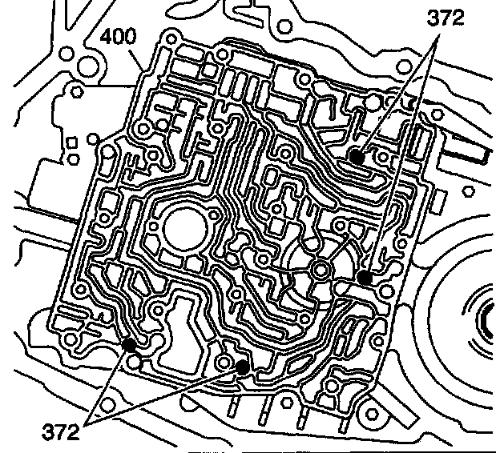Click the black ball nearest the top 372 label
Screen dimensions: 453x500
pyautogui.click(x=357, y=158)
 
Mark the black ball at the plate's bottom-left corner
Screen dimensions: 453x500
pyautogui.click(x=128, y=345)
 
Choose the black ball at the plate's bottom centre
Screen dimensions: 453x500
pyautogui.click(x=242, y=367)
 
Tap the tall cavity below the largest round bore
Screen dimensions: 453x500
pyautogui.click(x=183, y=321)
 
